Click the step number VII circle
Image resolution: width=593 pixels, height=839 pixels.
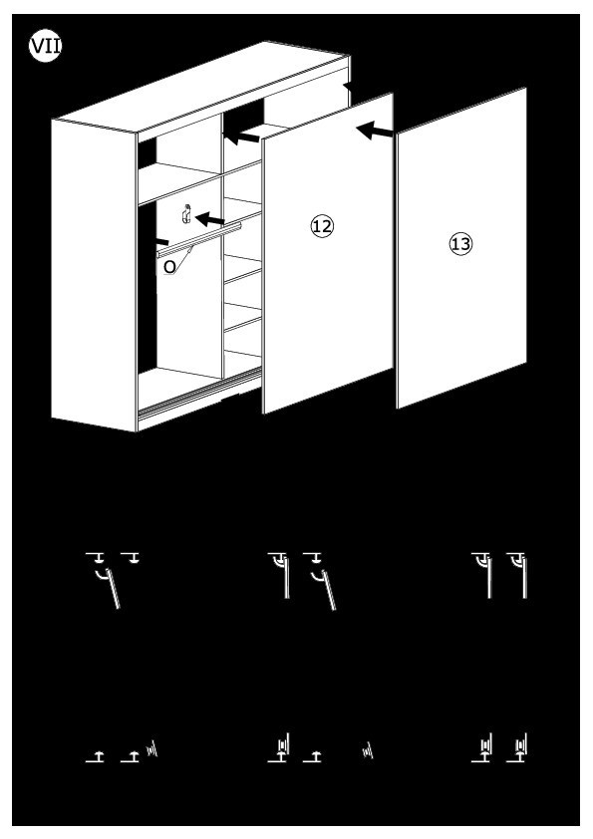[46, 46]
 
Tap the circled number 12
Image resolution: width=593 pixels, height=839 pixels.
[322, 226]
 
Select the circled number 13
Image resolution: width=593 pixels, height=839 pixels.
[460, 244]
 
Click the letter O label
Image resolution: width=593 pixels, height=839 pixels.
[169, 267]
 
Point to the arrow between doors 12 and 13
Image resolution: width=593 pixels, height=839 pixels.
[375, 131]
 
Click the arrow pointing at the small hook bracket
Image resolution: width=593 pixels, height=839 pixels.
[210, 219]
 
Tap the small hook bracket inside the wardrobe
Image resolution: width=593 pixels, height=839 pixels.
[186, 214]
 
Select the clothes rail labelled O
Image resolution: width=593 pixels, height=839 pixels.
[199, 240]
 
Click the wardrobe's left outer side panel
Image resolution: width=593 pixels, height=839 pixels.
[95, 276]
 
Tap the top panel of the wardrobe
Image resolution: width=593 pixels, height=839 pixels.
[203, 88]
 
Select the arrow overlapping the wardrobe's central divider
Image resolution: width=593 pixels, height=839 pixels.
[241, 137]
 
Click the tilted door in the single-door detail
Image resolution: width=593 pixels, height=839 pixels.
[113, 588]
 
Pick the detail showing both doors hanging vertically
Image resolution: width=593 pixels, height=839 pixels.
[498, 575]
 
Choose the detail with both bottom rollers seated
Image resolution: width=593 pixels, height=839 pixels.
[498, 747]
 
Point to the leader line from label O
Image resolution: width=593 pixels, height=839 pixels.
[183, 256]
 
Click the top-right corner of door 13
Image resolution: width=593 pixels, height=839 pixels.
[525, 89]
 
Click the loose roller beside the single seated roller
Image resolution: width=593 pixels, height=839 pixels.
[368, 750]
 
